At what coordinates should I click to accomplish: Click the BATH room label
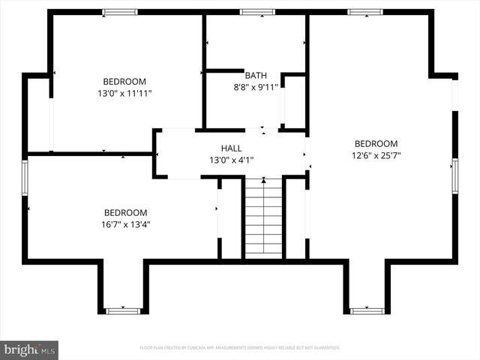(255, 76)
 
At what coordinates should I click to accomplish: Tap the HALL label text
(231, 148)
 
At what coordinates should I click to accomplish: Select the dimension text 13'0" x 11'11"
(124, 93)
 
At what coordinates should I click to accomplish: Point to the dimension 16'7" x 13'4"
(125, 224)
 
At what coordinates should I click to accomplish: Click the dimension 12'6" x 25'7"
(376, 155)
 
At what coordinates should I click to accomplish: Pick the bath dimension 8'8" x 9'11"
(255, 87)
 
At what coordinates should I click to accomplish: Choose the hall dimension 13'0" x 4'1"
(231, 160)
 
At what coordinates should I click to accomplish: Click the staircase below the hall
(263, 217)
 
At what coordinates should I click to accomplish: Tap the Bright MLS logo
(29, 349)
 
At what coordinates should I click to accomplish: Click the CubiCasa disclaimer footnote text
(240, 348)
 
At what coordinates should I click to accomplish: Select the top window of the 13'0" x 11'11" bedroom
(120, 12)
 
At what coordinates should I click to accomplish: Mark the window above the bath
(257, 12)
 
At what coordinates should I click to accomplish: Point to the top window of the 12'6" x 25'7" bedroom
(365, 12)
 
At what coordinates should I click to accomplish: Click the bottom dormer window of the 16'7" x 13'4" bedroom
(123, 310)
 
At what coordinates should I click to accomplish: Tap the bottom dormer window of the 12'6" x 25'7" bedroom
(367, 310)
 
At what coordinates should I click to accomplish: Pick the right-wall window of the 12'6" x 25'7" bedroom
(454, 175)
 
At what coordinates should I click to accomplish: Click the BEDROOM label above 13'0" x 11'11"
(124, 82)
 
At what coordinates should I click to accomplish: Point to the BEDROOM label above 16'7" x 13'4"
(125, 213)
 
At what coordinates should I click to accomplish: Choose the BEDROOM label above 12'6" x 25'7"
(376, 144)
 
